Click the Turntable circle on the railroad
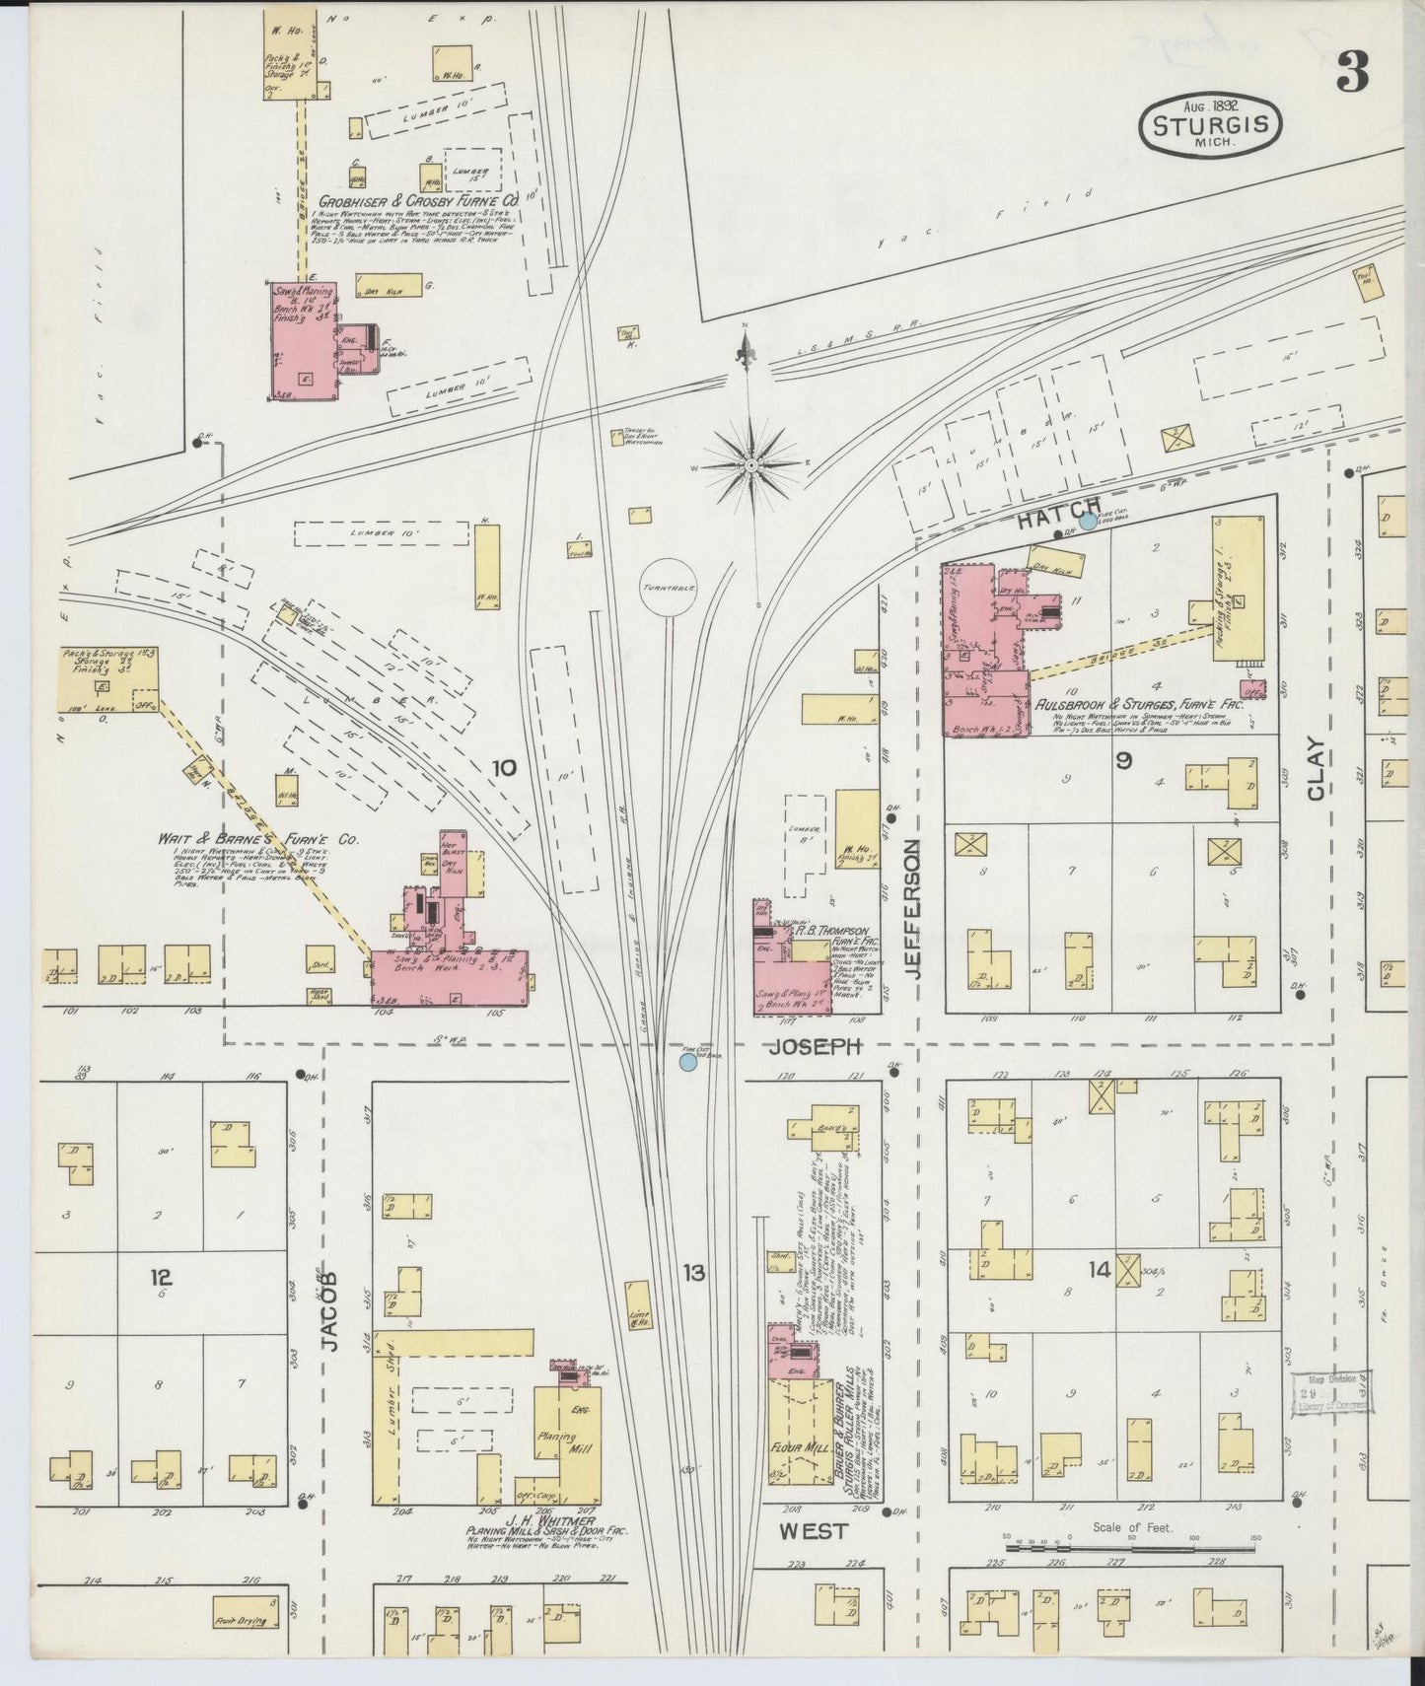click(x=668, y=587)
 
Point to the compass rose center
click(x=751, y=464)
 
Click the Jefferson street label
click(x=913, y=908)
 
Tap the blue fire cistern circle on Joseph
click(x=688, y=1063)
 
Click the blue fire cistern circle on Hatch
click(x=1088, y=522)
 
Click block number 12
click(x=161, y=1278)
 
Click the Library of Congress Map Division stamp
click(x=1331, y=1393)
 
